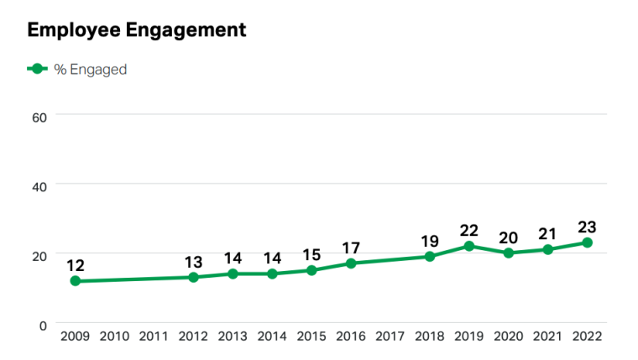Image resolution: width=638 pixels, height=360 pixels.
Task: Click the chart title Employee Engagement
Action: (137, 30)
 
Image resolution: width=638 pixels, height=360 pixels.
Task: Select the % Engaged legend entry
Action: (77, 70)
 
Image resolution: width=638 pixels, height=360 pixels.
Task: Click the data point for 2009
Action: (76, 281)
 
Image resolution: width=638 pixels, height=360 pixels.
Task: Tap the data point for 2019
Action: (469, 246)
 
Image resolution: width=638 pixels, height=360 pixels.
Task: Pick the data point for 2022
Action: (588, 243)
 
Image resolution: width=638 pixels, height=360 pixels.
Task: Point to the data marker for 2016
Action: (351, 263)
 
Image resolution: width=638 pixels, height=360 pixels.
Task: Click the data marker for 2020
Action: (509, 253)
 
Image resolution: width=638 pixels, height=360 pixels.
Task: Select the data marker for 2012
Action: (193, 277)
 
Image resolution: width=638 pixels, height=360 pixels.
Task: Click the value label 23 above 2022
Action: (587, 227)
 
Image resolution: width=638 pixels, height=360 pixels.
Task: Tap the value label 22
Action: (469, 230)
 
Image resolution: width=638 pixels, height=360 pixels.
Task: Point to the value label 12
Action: (75, 265)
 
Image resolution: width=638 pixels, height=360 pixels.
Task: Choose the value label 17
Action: (351, 248)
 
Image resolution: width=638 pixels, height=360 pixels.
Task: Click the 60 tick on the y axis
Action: (39, 115)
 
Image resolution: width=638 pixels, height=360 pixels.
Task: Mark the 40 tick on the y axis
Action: (39, 185)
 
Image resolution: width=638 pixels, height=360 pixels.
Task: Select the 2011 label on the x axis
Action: (154, 337)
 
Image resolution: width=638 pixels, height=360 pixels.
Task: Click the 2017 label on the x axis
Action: (390, 337)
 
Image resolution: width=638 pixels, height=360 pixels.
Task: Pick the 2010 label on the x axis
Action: (114, 337)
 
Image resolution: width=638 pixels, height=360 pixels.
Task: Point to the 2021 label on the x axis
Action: (548, 337)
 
